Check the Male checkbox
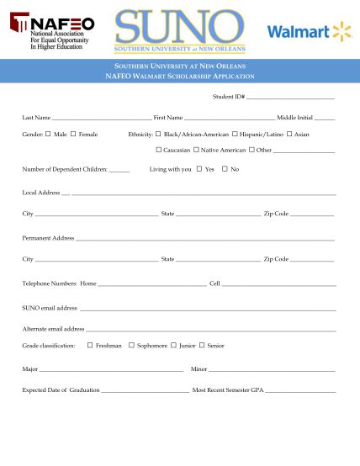click(x=48, y=134)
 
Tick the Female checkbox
click(x=73, y=134)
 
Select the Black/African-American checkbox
click(x=158, y=134)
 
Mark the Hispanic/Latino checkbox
click(x=234, y=134)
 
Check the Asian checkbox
click(x=289, y=134)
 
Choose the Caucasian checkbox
click(x=158, y=150)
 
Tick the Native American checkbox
click(x=195, y=150)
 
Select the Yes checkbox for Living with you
click(x=199, y=169)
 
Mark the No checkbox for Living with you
click(x=225, y=169)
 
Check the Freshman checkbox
click(x=90, y=345)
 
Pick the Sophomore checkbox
click(x=131, y=345)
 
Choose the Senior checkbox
click(x=202, y=345)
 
